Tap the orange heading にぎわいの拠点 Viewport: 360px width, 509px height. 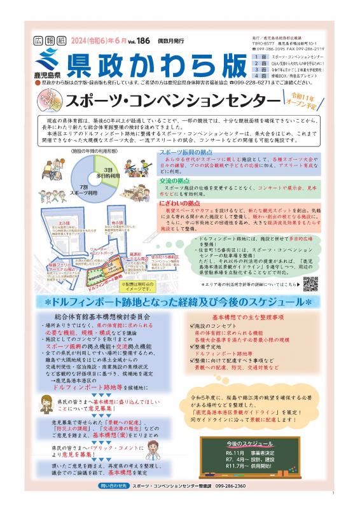point(180,202)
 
